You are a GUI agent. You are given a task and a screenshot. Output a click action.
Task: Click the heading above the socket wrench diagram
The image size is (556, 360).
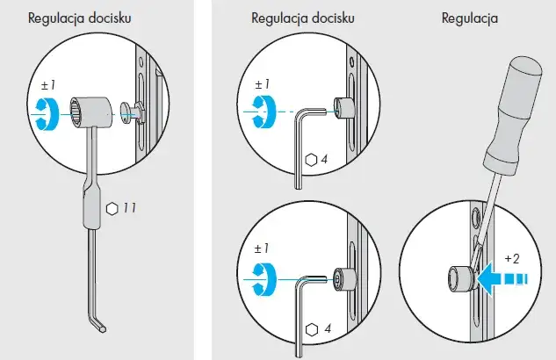tap(79, 18)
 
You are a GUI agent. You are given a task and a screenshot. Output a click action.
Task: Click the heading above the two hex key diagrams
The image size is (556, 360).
tap(303, 18)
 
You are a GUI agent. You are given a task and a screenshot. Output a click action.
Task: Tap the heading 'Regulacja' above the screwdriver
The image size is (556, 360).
tap(469, 18)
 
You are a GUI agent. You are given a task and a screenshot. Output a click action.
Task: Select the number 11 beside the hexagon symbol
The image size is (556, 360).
tap(129, 208)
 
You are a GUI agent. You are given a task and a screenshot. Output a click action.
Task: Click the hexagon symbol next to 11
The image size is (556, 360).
tap(112, 209)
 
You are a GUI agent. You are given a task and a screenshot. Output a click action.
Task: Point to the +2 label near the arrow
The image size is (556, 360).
tap(512, 259)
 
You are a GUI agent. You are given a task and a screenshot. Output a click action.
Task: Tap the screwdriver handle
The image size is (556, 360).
tap(514, 110)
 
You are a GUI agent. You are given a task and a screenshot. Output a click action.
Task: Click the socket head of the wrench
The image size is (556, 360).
tap(91, 112)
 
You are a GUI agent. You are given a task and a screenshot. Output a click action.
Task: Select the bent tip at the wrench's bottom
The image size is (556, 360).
tap(97, 325)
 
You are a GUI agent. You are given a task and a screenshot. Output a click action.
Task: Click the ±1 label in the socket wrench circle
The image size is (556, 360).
tap(48, 85)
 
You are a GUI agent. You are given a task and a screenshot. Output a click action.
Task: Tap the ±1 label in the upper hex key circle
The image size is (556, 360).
tap(262, 84)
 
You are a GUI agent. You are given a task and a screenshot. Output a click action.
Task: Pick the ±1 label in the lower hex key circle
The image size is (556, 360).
tap(262, 248)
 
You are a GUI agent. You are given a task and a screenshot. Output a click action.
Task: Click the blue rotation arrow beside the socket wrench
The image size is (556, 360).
tap(47, 114)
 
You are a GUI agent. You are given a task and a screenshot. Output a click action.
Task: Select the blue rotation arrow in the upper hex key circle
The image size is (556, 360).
tap(264, 112)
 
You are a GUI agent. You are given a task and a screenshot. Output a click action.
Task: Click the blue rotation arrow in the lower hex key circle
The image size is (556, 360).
tap(264, 279)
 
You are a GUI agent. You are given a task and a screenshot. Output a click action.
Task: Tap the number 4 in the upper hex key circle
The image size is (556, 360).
tap(324, 160)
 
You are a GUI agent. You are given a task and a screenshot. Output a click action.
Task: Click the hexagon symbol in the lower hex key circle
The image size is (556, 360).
tap(311, 330)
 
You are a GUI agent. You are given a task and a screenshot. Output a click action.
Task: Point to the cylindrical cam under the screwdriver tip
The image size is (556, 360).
tap(460, 278)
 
